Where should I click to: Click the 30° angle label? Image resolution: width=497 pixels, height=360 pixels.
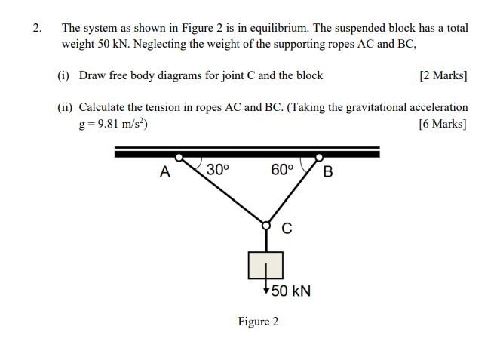[x=216, y=170]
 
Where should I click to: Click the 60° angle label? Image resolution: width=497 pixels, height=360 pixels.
[x=281, y=170]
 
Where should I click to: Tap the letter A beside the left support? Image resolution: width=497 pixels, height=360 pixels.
[x=164, y=172]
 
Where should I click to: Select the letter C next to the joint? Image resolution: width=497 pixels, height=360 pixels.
[x=287, y=228]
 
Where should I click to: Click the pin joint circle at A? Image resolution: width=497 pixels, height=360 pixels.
[x=179, y=158]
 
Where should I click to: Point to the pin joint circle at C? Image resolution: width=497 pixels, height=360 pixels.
[x=265, y=224]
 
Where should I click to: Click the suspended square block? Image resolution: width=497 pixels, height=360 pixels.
[x=265, y=265]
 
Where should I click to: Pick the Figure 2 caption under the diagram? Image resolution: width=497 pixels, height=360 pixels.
[x=258, y=322]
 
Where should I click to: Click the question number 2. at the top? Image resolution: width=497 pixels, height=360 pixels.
[x=37, y=28]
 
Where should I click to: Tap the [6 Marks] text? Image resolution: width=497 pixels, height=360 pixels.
[x=443, y=124]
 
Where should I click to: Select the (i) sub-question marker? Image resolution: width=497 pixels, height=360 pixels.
[x=63, y=75]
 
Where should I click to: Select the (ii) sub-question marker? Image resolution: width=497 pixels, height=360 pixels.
[x=65, y=108]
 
